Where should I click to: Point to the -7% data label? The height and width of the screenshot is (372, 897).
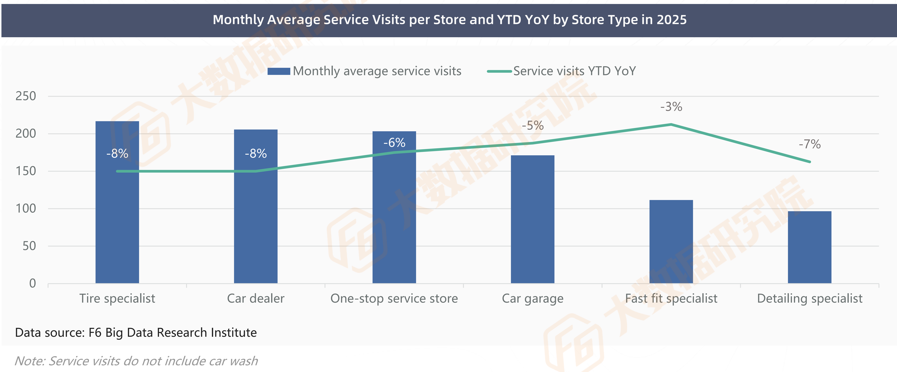pyautogui.click(x=810, y=144)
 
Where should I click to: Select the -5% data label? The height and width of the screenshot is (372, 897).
pyautogui.click(x=532, y=125)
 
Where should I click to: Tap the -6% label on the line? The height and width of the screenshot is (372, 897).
pyautogui.click(x=394, y=142)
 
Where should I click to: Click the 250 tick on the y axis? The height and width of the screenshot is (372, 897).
pyautogui.click(x=26, y=96)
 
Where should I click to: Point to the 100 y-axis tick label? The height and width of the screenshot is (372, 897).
pyautogui.click(x=26, y=209)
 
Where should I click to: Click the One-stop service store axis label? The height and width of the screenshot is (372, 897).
pyautogui.click(x=394, y=299)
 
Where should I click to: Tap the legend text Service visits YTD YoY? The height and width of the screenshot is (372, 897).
pyautogui.click(x=575, y=71)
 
